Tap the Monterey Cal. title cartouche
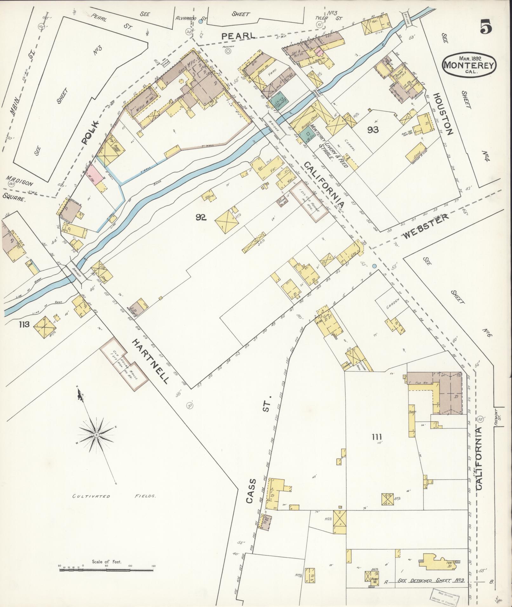point(469,65)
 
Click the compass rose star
point(96,434)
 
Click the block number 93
point(373,129)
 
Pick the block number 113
point(24,324)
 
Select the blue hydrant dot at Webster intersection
point(375,266)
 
